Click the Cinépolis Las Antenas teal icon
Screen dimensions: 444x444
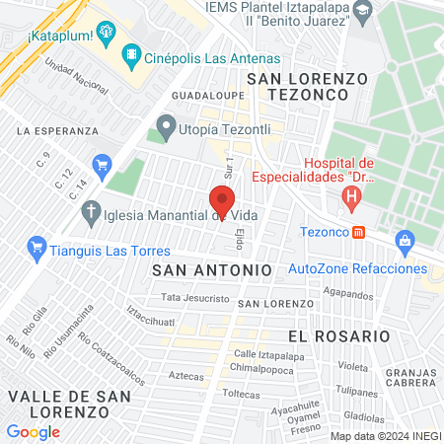pyautogui.click(x=129, y=55)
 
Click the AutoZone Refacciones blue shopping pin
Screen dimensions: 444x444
pyautogui.click(x=404, y=240)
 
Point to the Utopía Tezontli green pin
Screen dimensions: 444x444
pyautogui.click(x=165, y=126)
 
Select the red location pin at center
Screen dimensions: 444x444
pyautogui.click(x=222, y=202)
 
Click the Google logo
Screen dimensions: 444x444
pyautogui.click(x=34, y=431)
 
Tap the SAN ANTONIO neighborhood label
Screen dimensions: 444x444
pyautogui.click(x=212, y=268)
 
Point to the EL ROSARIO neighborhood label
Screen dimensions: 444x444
pyautogui.click(x=339, y=335)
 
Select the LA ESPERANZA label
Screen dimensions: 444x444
pyautogui.click(x=57, y=129)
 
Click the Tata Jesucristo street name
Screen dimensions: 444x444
pyautogui.click(x=195, y=297)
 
